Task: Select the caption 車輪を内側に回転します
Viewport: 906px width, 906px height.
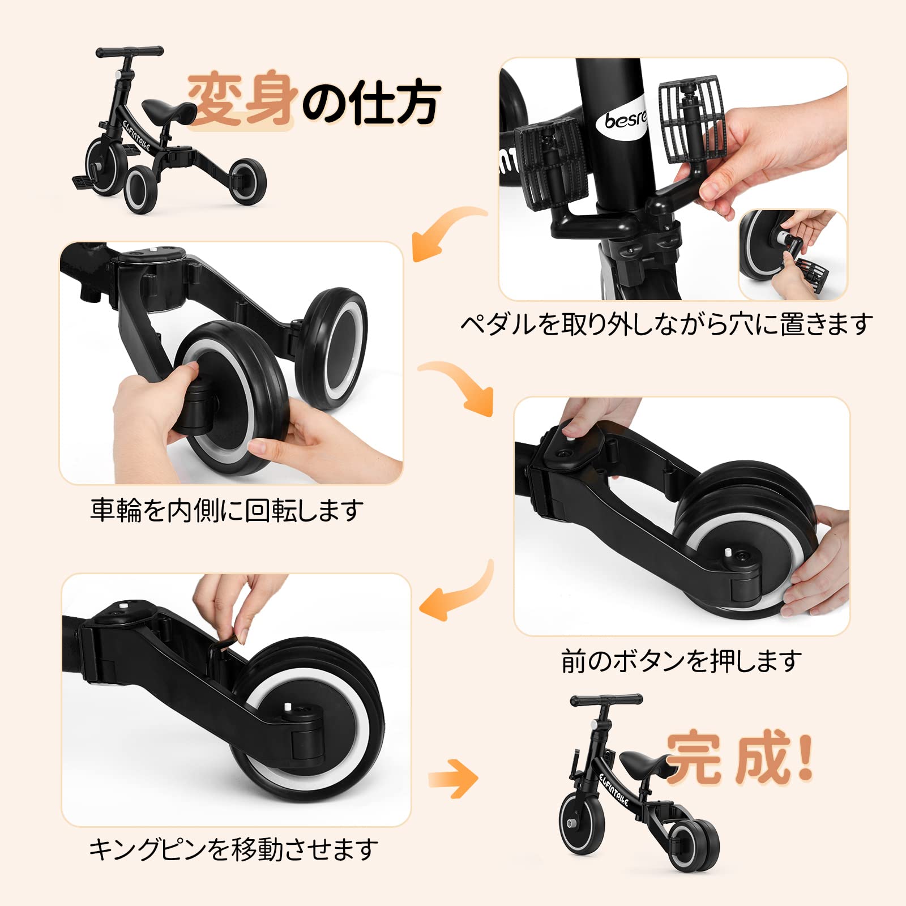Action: pos(226,510)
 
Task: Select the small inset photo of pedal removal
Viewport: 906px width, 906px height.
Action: pos(792,254)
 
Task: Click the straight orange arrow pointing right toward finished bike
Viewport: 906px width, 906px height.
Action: pos(453,780)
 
